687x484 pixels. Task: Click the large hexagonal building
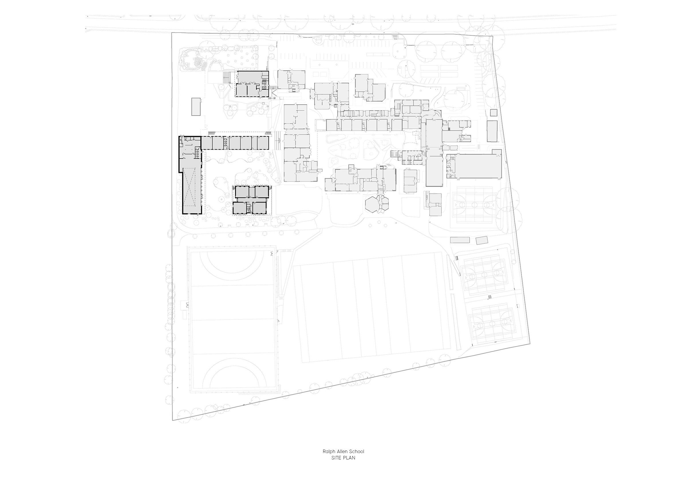372,205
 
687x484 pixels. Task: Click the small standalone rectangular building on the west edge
196,106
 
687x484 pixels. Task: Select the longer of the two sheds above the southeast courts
460,240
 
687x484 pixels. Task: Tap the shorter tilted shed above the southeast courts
481,240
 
